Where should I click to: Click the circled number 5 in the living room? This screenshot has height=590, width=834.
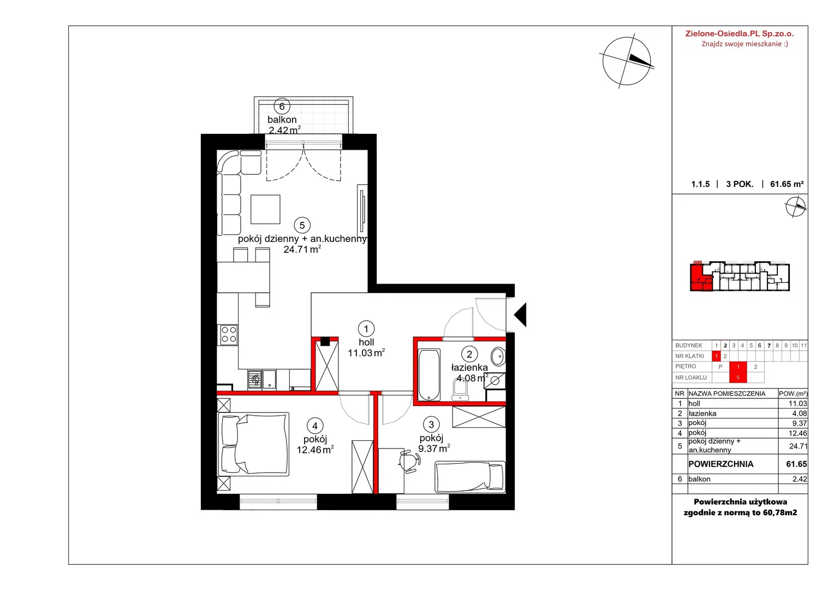point(302,225)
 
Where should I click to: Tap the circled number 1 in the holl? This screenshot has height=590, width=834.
point(366,329)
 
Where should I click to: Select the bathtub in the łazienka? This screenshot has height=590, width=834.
point(429,375)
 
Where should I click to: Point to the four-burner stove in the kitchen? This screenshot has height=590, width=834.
point(229,334)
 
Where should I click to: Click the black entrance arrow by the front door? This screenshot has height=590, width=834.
point(520,315)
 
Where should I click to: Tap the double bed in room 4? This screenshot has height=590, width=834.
point(253,444)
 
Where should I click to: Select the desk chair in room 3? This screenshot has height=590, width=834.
point(410,462)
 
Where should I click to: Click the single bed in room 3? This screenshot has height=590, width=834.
point(470,477)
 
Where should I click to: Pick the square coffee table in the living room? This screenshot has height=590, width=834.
point(265,209)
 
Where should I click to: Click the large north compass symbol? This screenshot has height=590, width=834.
point(627,61)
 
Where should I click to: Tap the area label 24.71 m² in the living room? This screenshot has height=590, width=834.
point(302,249)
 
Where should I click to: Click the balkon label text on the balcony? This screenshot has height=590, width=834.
point(282,120)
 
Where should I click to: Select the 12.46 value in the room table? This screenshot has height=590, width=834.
point(797,433)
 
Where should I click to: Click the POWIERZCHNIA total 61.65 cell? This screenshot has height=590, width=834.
point(796,464)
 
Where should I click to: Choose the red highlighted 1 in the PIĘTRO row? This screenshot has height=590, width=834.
point(738,367)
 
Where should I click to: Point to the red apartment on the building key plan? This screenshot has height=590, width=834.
point(701,277)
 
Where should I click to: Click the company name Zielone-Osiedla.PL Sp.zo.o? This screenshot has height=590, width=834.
point(740,33)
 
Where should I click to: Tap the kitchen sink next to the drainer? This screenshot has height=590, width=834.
point(269,380)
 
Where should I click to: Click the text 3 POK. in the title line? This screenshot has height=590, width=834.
point(740,184)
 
